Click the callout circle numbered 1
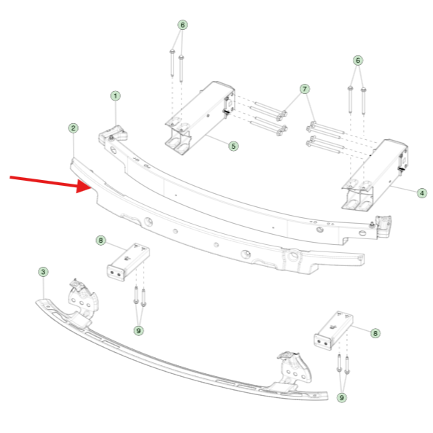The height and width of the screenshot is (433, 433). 115,95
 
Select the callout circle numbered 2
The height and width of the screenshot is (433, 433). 73,128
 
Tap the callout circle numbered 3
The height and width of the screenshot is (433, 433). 43,272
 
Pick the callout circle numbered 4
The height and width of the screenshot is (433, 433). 421,193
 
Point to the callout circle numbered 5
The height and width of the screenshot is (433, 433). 233,146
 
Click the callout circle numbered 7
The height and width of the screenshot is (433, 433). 305,89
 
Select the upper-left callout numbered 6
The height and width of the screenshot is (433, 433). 182,25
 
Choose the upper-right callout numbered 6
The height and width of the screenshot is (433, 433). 358,61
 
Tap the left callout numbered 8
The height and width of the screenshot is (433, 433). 101,241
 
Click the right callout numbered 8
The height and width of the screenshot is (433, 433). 375,333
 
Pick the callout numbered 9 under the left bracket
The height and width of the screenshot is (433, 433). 139,330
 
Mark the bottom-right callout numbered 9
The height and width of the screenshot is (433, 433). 342,398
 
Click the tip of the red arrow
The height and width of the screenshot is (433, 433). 92,187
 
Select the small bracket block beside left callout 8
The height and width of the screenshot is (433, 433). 128,262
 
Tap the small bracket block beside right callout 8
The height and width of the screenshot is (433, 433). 334,330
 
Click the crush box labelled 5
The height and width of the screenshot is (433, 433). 200,117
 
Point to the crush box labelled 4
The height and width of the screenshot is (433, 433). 375,176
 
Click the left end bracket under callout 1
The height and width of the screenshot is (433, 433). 113,133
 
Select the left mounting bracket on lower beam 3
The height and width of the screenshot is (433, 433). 82,301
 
